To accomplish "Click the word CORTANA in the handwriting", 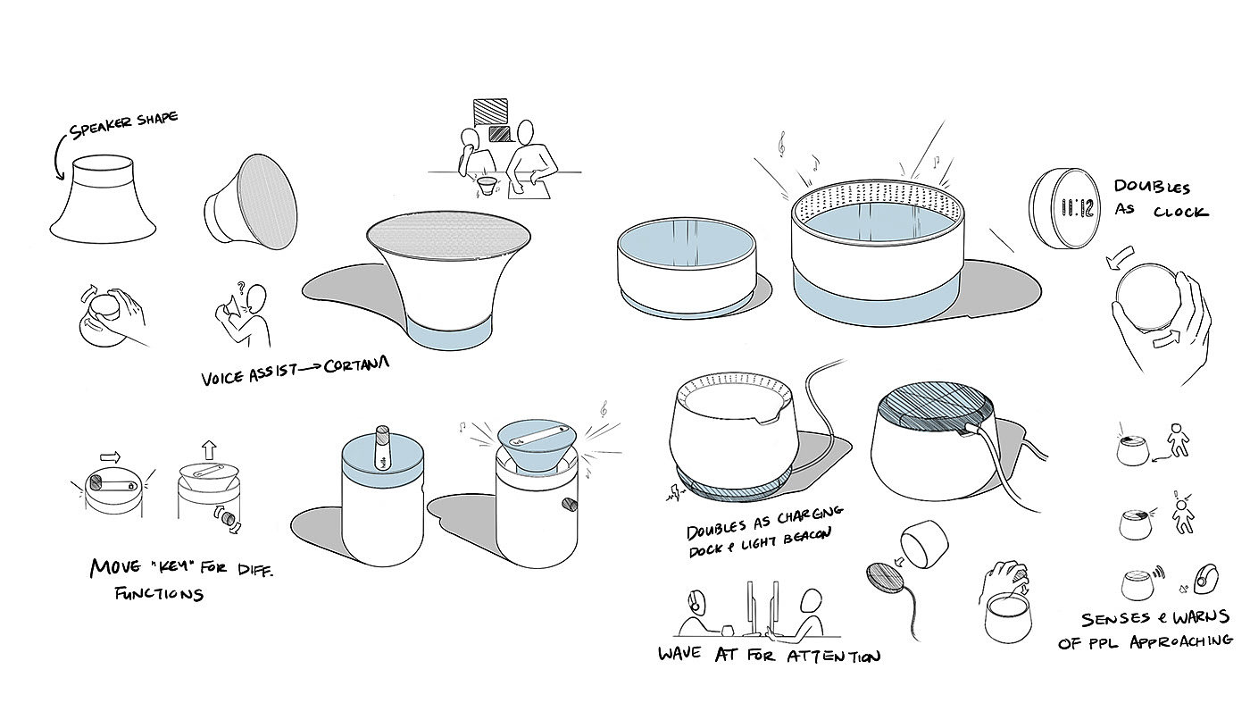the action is pyautogui.click(x=356, y=365).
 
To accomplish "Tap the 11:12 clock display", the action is pyautogui.click(x=1077, y=208).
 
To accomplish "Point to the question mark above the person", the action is pyautogui.click(x=241, y=288).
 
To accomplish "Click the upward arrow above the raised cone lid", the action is pyautogui.click(x=209, y=449).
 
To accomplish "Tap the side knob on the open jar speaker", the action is pyautogui.click(x=571, y=505).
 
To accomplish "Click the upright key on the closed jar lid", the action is pyautogui.click(x=382, y=449).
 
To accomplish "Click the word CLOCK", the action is pyautogui.click(x=1180, y=212).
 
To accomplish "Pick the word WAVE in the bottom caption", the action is pyautogui.click(x=679, y=653).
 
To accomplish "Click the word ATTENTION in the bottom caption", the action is pyautogui.click(x=834, y=656).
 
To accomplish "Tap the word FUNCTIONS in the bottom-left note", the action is pyautogui.click(x=159, y=593).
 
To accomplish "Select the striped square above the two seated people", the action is pyautogui.click(x=490, y=113).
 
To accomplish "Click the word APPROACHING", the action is pyautogui.click(x=1180, y=641).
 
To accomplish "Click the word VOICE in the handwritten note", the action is pyautogui.click(x=223, y=377).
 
